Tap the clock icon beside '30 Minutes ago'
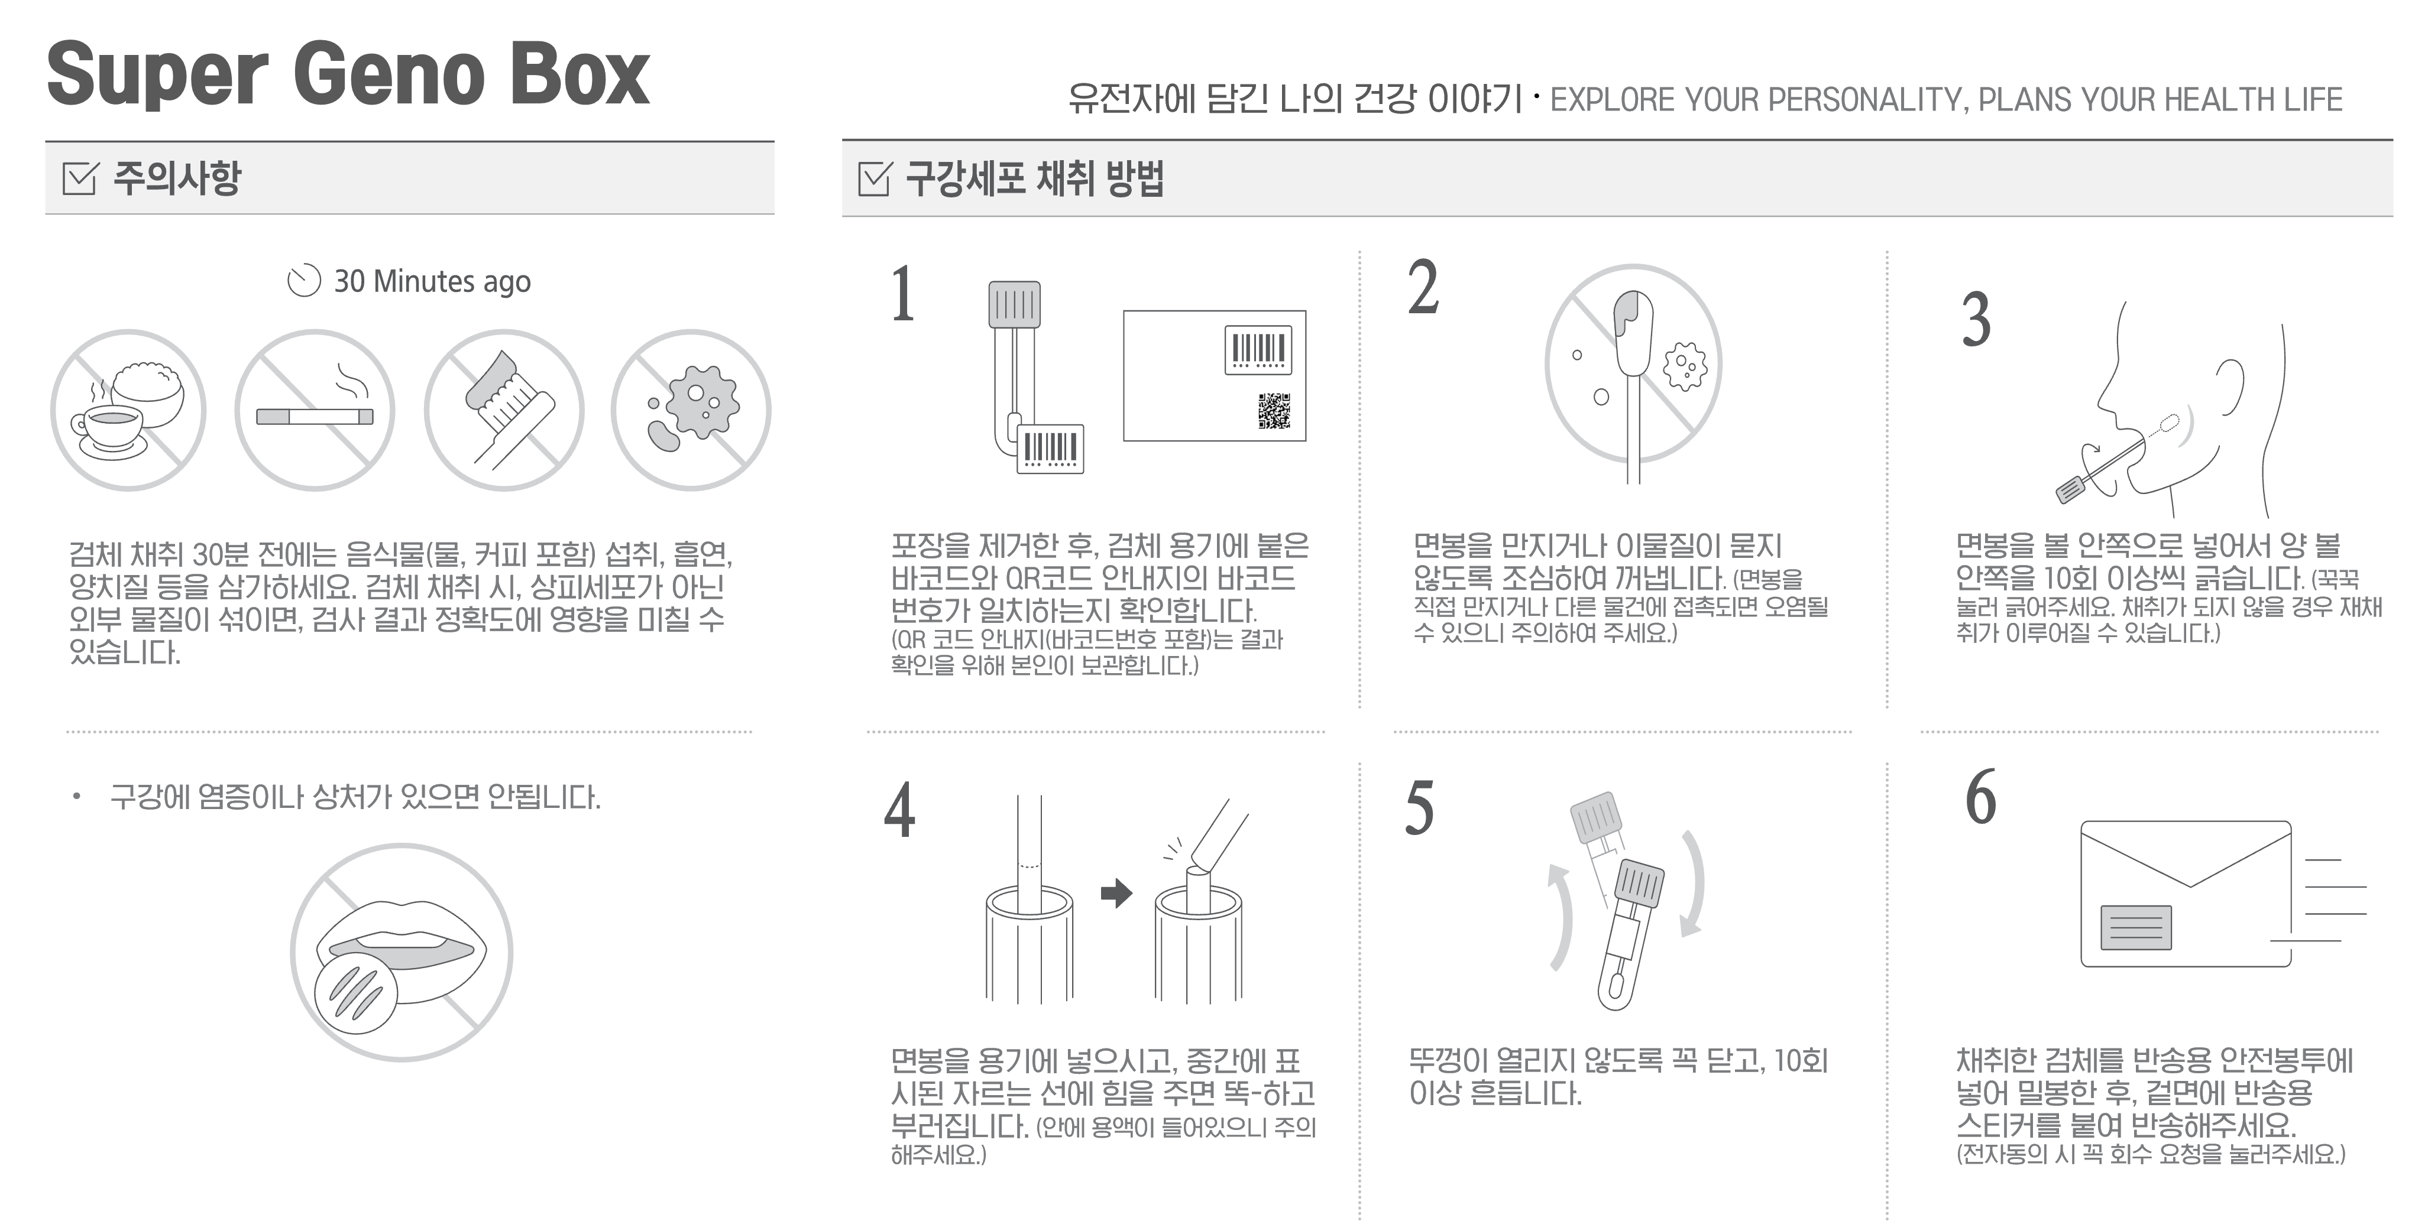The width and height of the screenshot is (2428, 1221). click(303, 281)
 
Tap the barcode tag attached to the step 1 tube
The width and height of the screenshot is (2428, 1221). click(1050, 449)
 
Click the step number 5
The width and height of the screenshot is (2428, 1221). click(1419, 807)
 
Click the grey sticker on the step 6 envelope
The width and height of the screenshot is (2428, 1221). click(2136, 927)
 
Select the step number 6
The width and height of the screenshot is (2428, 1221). click(1980, 796)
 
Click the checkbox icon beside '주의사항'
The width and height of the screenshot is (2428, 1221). click(79, 177)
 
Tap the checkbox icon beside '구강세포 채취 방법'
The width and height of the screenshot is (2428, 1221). click(875, 178)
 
